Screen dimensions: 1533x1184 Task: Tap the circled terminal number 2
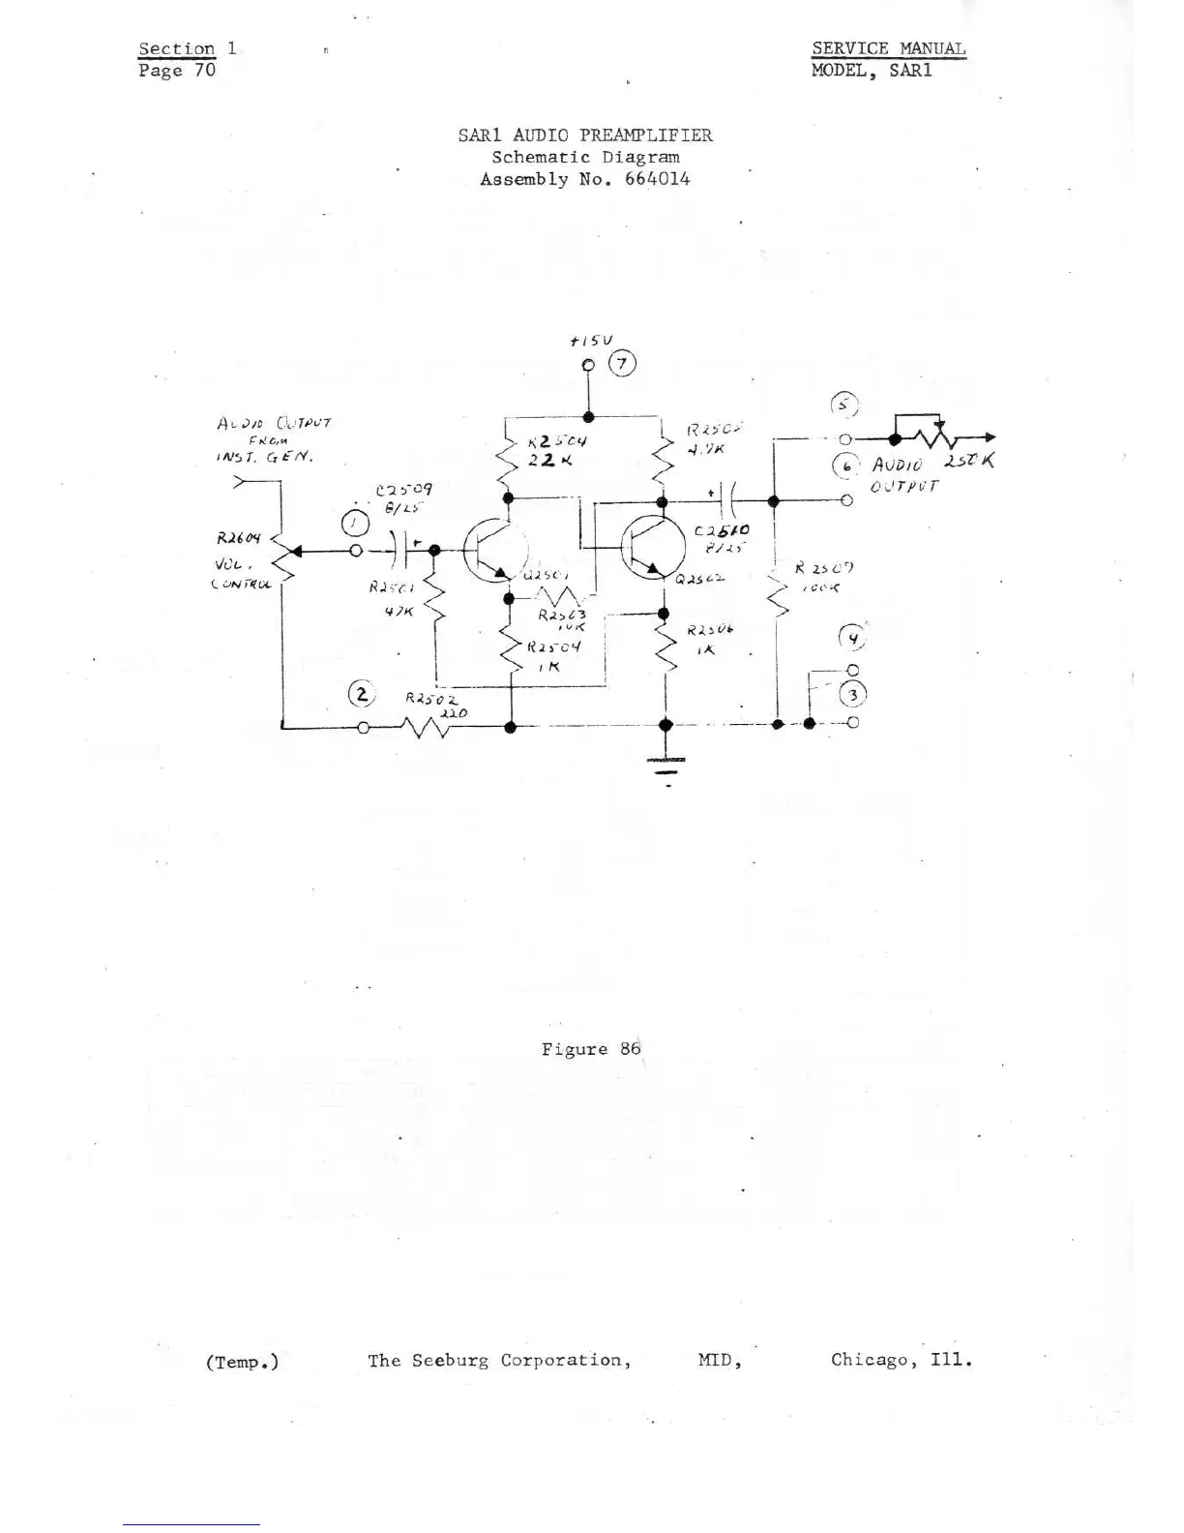click(x=361, y=694)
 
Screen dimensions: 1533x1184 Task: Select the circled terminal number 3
click(x=853, y=695)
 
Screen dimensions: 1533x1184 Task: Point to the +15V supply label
click(x=592, y=341)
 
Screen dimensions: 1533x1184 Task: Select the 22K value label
click(x=544, y=460)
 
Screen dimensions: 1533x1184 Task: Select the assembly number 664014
click(x=657, y=179)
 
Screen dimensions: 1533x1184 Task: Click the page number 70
click(x=203, y=71)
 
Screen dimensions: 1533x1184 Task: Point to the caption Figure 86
click(x=591, y=1049)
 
